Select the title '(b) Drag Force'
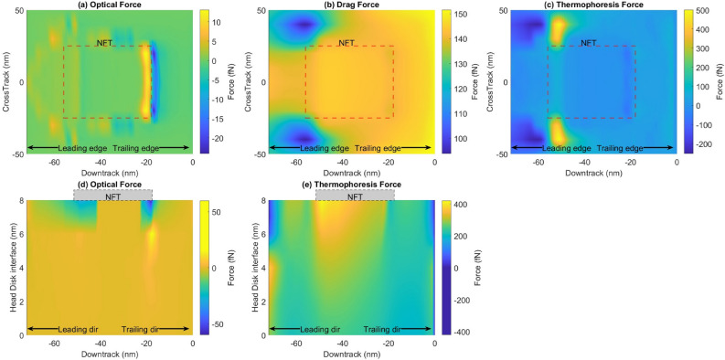coord(349,5)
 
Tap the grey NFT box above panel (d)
coord(112,195)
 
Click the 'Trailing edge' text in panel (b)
coord(378,149)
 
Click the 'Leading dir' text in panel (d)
coord(78,329)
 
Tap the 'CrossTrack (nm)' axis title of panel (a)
coord(7,82)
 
